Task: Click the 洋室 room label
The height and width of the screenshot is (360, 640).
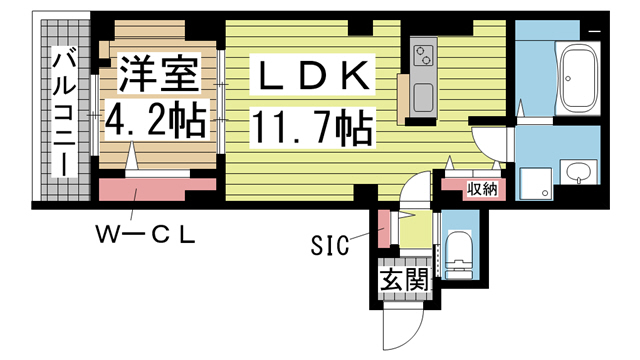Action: pos(155,73)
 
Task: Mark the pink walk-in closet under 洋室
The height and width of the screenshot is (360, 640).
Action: pos(157,188)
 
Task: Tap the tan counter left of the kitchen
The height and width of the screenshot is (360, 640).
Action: pos(402,97)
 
